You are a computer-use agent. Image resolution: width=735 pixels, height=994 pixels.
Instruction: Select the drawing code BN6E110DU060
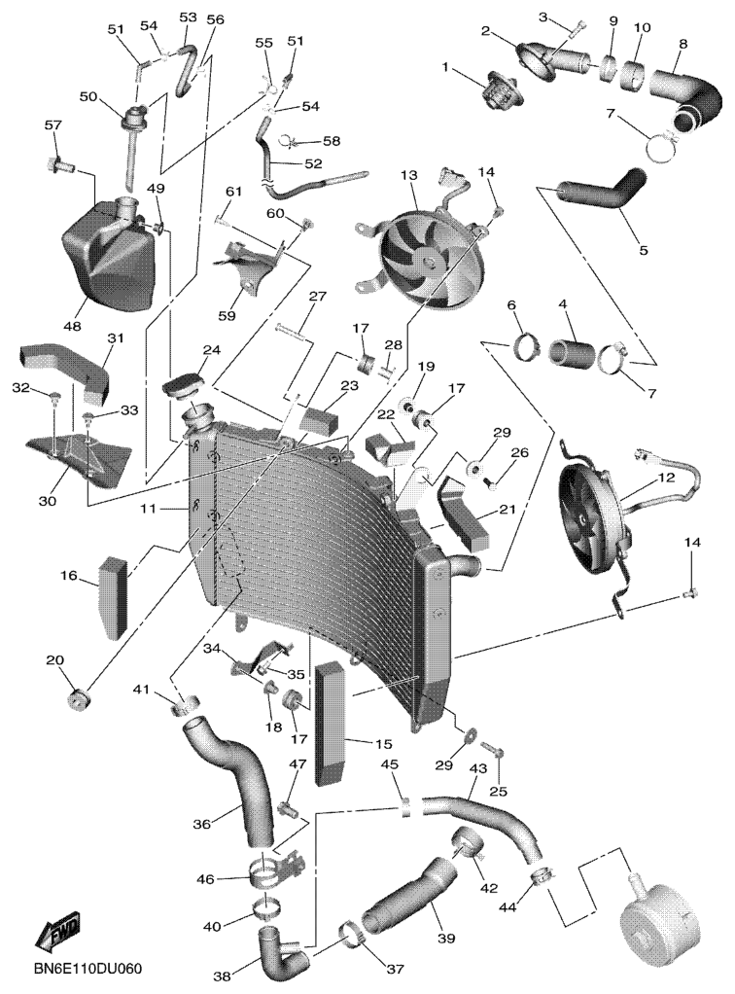pos(88,970)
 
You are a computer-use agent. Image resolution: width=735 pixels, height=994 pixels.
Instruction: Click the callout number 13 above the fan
pos(408,175)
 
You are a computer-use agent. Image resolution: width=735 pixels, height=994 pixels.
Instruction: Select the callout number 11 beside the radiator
pos(148,508)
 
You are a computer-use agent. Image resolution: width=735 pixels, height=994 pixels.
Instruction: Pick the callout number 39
pos(446,939)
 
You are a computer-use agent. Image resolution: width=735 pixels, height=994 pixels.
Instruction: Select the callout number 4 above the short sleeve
pos(562,304)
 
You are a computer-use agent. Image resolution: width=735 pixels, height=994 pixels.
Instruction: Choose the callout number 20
pos(55,660)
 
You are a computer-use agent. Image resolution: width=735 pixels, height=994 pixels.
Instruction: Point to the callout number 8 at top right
pos(682,44)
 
